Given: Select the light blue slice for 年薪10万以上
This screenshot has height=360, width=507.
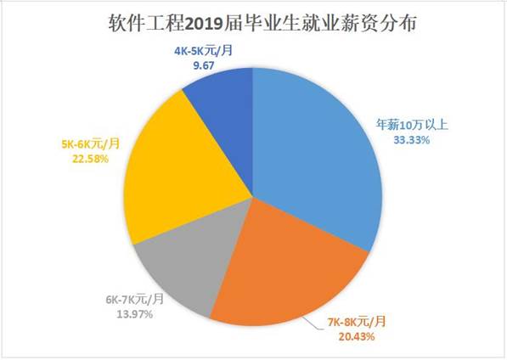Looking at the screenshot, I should [x=314, y=153].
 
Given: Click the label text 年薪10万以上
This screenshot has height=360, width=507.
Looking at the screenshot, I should [x=418, y=127].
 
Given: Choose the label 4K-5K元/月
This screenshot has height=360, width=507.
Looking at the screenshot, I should [x=203, y=51].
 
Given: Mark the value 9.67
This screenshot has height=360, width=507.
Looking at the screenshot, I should [x=203, y=65].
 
